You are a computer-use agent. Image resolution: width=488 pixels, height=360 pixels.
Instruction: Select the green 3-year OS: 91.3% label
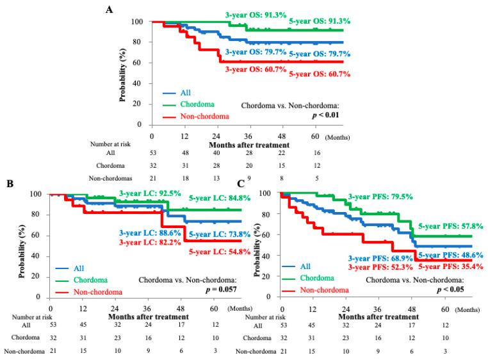(259, 13)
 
